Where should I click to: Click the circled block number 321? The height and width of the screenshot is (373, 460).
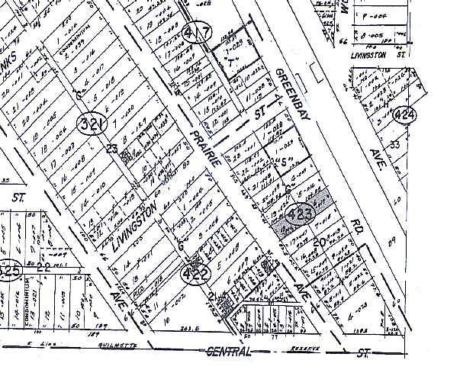click(x=91, y=122)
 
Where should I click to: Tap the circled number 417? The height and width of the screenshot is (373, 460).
click(x=197, y=34)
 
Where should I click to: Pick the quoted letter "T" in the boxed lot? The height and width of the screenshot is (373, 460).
click(x=229, y=59)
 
